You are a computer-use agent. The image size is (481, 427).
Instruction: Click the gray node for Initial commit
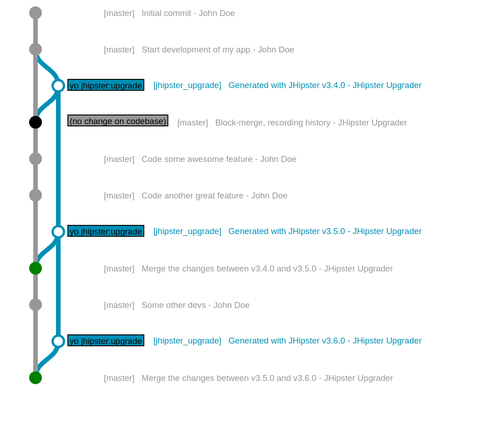36,13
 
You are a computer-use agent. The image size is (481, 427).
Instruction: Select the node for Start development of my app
36,49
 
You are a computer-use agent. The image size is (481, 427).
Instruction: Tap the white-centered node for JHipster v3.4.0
58,86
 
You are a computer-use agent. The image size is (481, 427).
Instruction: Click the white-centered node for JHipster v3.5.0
58,232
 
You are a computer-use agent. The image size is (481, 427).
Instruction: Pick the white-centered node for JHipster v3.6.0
58,341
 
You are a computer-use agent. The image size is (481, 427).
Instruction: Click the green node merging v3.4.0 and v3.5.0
36,268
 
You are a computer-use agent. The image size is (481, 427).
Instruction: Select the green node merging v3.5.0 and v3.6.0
36,378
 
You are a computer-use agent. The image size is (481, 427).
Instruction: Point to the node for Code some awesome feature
36,159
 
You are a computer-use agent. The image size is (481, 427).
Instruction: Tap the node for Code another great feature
36,195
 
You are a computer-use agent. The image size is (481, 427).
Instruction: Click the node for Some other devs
36,305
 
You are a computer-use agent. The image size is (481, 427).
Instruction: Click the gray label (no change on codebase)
118,121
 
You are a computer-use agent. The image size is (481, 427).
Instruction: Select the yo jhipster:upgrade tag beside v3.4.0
106,86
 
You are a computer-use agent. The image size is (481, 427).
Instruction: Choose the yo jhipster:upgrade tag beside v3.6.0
106,341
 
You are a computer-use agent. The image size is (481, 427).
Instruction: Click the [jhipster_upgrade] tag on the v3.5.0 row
187,231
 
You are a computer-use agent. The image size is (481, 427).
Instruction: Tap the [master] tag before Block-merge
192,123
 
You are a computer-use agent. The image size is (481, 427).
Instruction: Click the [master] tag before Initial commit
119,13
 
